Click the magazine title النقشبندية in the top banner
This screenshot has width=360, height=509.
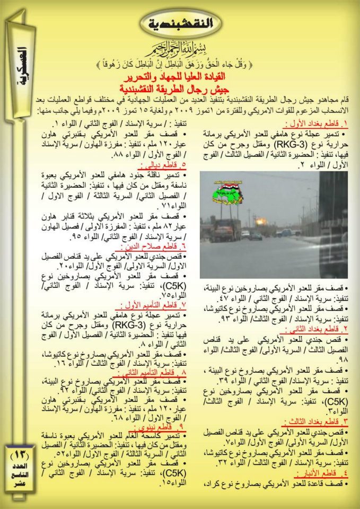click(x=181, y=23)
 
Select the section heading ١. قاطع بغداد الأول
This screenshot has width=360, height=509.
click(x=314, y=125)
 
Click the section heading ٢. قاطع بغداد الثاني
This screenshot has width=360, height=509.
click(x=316, y=329)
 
